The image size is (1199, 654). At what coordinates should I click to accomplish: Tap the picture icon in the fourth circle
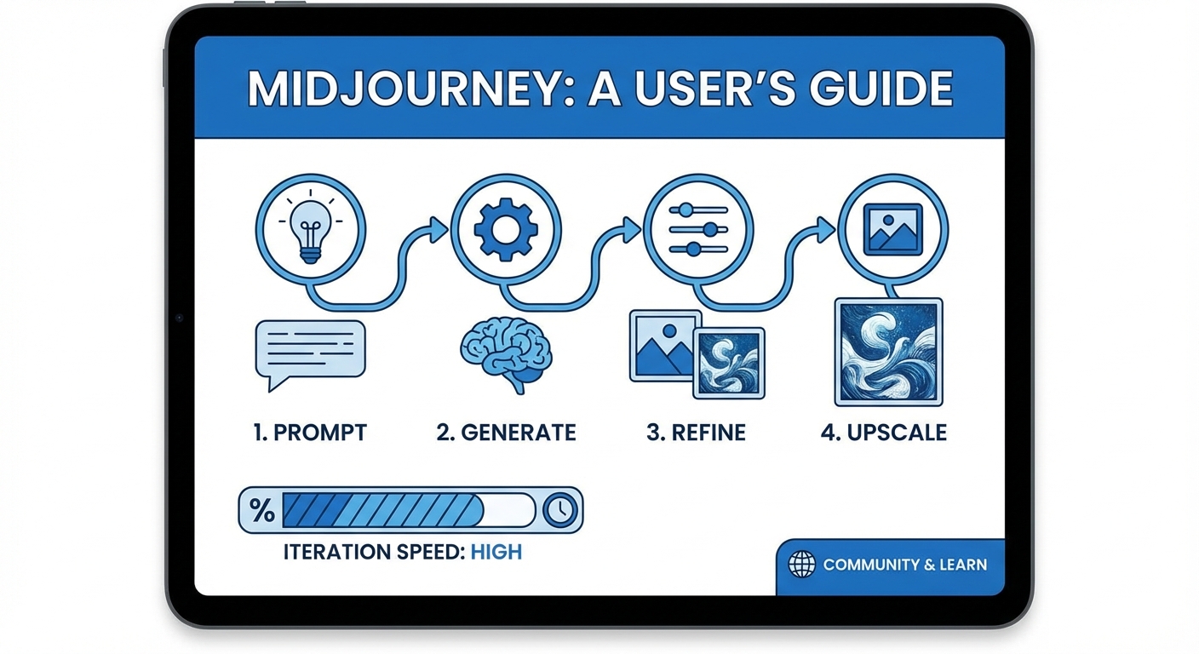(892, 229)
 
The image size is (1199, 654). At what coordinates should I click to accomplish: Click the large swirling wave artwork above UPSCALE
(889, 351)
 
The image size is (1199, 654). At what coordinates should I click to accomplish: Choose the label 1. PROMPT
(310, 433)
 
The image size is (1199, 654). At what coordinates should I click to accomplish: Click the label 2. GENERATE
(506, 433)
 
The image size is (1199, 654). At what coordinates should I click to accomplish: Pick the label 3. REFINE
(696, 433)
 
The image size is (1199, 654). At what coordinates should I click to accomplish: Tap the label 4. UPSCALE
(884, 433)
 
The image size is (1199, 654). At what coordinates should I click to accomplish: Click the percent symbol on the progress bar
(262, 510)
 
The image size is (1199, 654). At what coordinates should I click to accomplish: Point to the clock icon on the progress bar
(559, 510)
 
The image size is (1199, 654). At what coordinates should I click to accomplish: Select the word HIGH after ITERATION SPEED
(496, 552)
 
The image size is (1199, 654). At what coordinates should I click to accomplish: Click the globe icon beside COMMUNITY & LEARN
(802, 565)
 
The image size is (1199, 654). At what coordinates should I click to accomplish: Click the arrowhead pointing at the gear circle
(439, 227)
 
